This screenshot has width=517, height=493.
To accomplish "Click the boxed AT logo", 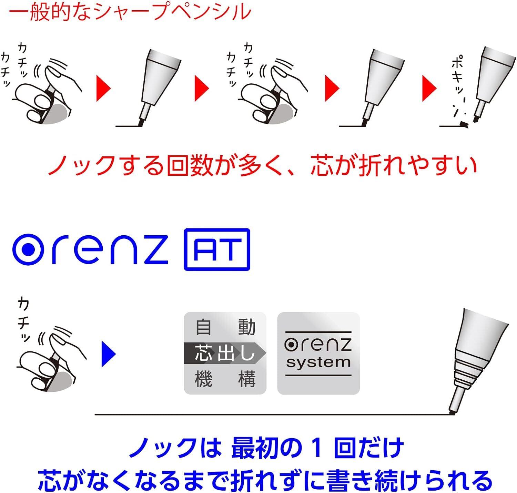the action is [x=217, y=249].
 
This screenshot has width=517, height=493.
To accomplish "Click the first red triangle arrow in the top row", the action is [x=103, y=88].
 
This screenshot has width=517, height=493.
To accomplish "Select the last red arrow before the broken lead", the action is [x=429, y=88].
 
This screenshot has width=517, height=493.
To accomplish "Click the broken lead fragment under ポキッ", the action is [x=464, y=124].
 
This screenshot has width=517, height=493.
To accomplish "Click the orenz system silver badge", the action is [x=318, y=353].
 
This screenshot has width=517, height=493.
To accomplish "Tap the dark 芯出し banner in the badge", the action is [x=224, y=353].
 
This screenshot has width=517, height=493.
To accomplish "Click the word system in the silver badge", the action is [x=318, y=362].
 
